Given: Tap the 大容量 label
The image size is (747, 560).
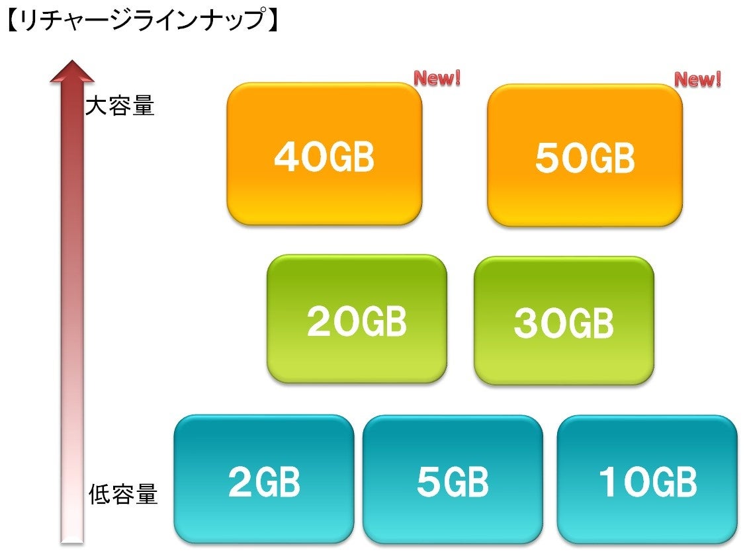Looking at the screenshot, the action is (x=120, y=106).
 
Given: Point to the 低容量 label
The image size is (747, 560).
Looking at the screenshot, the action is (x=123, y=494).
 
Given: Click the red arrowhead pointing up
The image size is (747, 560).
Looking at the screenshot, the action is (x=72, y=71).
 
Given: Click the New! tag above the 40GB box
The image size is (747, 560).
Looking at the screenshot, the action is (x=437, y=79).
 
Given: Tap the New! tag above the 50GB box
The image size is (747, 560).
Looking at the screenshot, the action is (x=697, y=80).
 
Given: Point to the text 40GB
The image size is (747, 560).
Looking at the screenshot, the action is (x=324, y=157).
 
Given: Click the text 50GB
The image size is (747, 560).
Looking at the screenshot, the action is (x=585, y=159).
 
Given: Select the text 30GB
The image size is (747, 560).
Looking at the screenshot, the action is (x=564, y=323).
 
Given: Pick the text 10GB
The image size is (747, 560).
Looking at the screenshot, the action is (x=647, y=483).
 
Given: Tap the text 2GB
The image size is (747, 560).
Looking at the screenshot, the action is (x=264, y=483).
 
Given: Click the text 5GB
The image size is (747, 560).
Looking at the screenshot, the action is (x=453, y=483).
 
